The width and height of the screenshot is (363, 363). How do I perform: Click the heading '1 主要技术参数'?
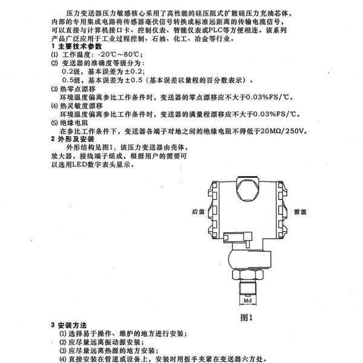pos(76,47)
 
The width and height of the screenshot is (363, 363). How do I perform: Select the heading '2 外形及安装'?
pos(73,139)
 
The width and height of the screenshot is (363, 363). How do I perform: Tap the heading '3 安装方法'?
pos(69,325)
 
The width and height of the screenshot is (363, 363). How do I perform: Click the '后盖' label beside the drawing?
pos(198,212)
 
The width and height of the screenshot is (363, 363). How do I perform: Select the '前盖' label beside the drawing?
pos(300,212)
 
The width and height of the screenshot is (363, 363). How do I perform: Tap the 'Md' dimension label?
pos(247,301)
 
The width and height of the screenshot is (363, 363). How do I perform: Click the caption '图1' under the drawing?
pos(247,318)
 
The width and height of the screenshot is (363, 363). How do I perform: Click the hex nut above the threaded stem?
pos(247,274)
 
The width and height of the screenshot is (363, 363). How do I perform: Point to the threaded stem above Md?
pos(247,287)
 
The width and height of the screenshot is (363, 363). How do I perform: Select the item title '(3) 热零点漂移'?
pos(73,89)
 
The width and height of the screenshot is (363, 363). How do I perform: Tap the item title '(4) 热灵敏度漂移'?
pos(77,106)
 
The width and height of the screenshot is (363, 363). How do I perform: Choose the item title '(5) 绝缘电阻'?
pos(70,123)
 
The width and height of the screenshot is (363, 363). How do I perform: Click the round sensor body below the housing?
pos(249,259)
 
